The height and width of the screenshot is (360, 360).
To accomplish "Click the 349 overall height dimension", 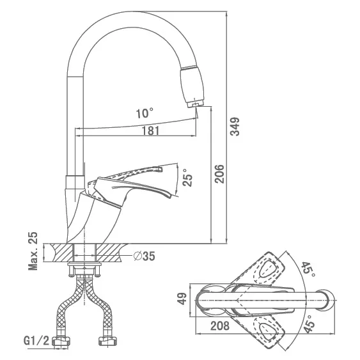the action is (x=235, y=127).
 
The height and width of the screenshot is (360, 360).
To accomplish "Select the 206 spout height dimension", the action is (x=219, y=173).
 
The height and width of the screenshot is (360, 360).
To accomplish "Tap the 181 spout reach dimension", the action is (x=150, y=131).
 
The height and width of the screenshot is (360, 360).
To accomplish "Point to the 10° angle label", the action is (x=145, y=113).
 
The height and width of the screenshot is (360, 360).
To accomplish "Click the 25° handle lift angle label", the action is (x=188, y=177).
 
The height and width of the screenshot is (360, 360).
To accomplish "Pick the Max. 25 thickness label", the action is (x=33, y=251).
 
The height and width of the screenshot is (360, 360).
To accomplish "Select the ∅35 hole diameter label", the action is (x=145, y=256).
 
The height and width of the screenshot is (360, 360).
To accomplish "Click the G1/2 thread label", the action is (x=36, y=341).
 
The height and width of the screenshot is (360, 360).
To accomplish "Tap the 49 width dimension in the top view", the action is (x=183, y=299).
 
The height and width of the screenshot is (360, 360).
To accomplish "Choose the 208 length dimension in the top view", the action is (x=220, y=325).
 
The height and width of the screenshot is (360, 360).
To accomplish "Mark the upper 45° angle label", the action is (x=308, y=269).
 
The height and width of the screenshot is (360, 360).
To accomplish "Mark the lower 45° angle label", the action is (x=309, y=324).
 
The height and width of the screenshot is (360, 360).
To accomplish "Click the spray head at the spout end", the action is (x=192, y=86).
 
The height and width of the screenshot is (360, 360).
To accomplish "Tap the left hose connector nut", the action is (x=61, y=340).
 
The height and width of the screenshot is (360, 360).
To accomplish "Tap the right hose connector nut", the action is (x=107, y=340).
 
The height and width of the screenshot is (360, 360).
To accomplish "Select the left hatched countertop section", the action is (x=61, y=253).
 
